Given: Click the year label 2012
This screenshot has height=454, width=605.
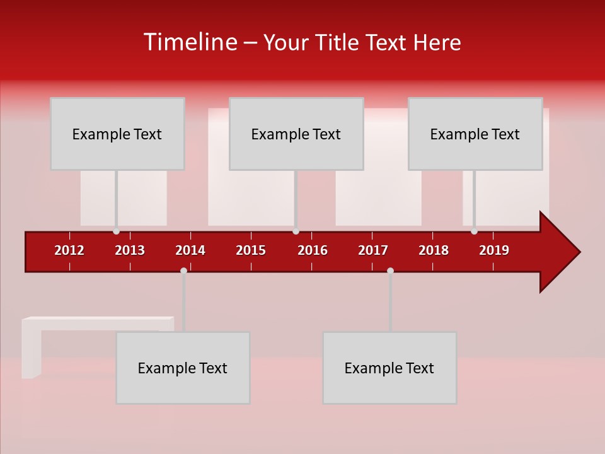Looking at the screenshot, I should (x=69, y=250).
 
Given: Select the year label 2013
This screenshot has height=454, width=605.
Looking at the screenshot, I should (x=130, y=250).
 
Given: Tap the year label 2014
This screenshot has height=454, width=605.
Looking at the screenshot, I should (x=190, y=250).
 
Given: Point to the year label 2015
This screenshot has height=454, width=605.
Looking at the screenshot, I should (x=251, y=250).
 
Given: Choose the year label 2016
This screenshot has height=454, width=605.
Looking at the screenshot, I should (x=313, y=250).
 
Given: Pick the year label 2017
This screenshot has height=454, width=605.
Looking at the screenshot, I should (x=373, y=250).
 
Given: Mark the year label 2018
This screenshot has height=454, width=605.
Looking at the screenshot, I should (x=434, y=250).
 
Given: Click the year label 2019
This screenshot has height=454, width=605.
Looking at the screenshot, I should (x=494, y=250).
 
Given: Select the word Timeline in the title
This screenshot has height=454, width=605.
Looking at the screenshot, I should (x=190, y=42).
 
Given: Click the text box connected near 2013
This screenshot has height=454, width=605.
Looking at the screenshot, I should (x=117, y=134).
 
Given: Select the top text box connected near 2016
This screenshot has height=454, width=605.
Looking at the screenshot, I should (x=296, y=134).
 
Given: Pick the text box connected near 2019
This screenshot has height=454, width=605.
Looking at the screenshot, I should (x=475, y=134).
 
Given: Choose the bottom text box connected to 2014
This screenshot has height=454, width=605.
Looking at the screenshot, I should (x=183, y=368).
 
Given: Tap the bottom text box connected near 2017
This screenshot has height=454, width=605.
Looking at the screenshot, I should (x=389, y=368).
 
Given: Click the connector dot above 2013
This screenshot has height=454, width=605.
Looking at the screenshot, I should (x=116, y=231).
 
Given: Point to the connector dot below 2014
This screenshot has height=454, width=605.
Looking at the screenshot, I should (x=183, y=271).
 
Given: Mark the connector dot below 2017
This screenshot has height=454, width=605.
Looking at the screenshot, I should (x=390, y=271).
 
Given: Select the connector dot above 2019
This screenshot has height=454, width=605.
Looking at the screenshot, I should (x=474, y=231).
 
